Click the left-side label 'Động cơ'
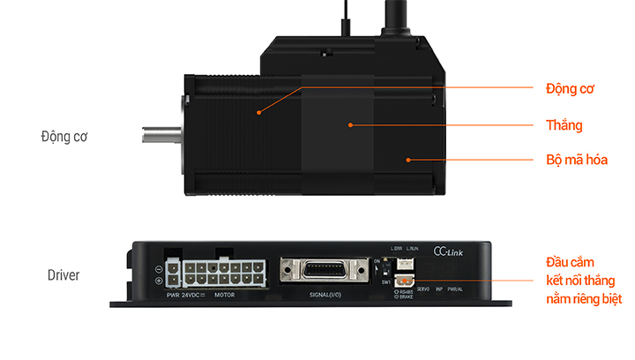(64, 137)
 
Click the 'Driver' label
(63, 275)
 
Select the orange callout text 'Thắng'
(564, 125)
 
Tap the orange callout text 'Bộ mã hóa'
(577, 161)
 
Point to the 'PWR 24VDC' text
(183, 295)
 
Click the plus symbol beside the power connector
(158, 281)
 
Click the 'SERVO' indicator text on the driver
(422, 289)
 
